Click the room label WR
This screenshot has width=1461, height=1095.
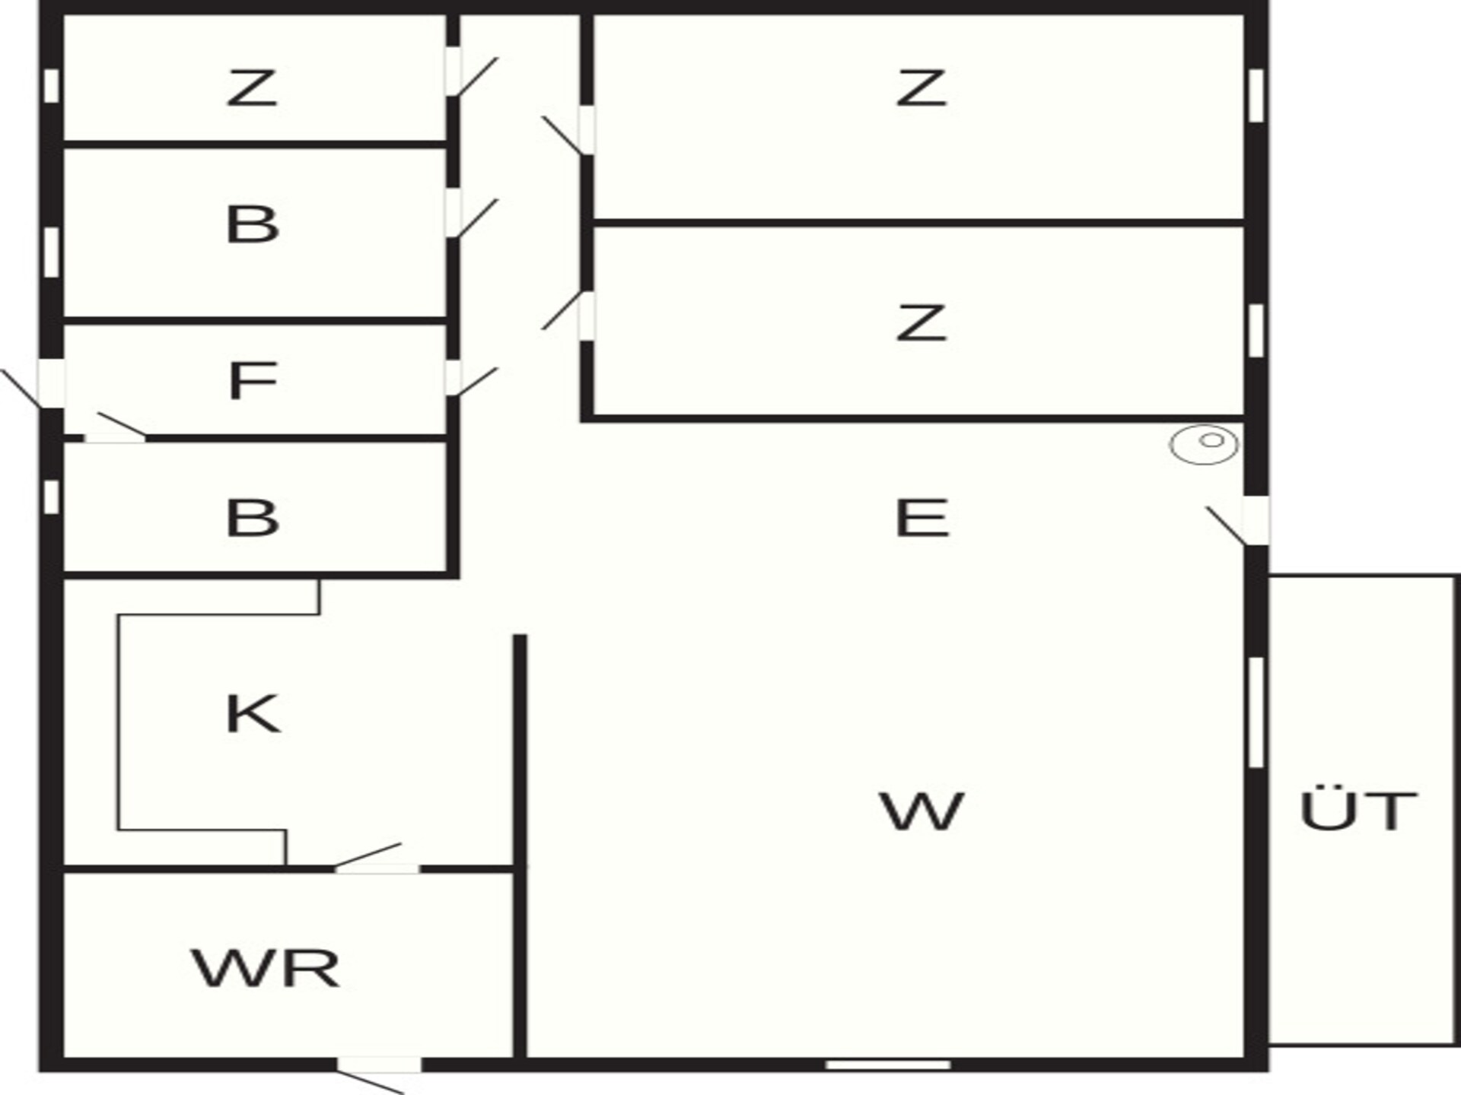click(x=266, y=968)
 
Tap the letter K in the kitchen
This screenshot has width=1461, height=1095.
click(x=253, y=714)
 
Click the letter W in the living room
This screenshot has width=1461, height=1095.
click(x=922, y=811)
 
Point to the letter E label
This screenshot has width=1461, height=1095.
click(x=922, y=518)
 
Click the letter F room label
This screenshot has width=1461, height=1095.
click(x=252, y=380)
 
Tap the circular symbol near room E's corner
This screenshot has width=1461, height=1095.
click(x=1204, y=444)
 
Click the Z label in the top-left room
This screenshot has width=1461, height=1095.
click(x=252, y=87)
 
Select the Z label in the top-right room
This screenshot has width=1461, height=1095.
click(x=922, y=87)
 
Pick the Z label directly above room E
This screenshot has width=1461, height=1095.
click(x=922, y=322)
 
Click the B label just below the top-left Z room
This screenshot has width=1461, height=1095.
click(x=253, y=224)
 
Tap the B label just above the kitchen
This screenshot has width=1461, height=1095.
click(x=253, y=517)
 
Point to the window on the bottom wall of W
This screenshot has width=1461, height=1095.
click(x=888, y=1065)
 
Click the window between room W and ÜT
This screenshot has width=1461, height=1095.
click(x=1256, y=713)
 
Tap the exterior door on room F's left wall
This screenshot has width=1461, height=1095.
click(x=34, y=384)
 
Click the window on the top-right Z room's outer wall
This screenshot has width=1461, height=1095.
click(x=1256, y=95)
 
